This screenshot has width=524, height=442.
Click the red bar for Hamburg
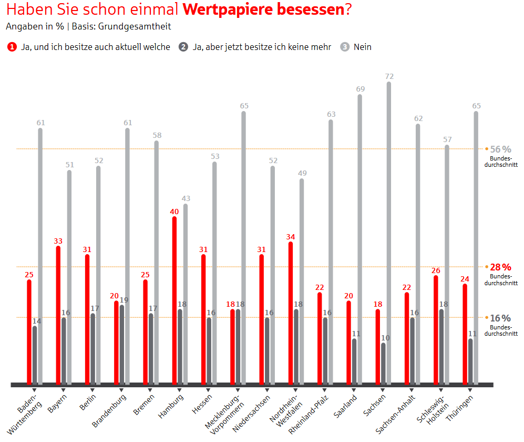(x=174, y=300)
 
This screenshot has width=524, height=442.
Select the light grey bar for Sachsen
(x=389, y=232)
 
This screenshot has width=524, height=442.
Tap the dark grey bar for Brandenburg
(x=122, y=345)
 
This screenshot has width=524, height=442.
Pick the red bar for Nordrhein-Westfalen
(x=291, y=313)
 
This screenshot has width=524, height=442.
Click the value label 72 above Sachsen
(x=389, y=76)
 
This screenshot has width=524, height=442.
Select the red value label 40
(x=174, y=211)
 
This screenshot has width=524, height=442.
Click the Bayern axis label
(x=58, y=403)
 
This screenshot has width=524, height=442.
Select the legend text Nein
(x=363, y=47)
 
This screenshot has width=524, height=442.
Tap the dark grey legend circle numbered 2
(x=183, y=47)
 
